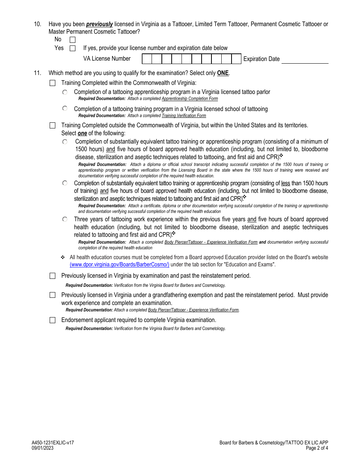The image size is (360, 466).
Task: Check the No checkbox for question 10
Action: [x=72, y=39]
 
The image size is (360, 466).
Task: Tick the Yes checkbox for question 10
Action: [x=72, y=48]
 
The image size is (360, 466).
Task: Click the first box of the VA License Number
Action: [x=147, y=59]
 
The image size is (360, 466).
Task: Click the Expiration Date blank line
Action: [x=305, y=59]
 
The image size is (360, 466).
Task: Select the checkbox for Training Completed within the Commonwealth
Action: [x=53, y=83]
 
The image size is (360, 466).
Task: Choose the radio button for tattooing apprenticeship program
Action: [x=65, y=92]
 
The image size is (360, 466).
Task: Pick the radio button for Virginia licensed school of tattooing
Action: [x=65, y=108]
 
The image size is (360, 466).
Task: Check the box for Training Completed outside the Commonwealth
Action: [x=53, y=125]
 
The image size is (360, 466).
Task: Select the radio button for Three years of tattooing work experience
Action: [x=65, y=219]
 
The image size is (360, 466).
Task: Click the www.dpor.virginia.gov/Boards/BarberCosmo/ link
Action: [x=119, y=265]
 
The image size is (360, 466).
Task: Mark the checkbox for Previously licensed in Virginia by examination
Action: [x=53, y=276]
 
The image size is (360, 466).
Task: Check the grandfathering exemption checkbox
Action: [x=53, y=295]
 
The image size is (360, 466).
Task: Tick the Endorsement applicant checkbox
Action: [x=53, y=320]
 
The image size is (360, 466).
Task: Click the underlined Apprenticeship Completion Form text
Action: [x=190, y=99]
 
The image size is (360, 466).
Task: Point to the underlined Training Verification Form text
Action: [x=184, y=116]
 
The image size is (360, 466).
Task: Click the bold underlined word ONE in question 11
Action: [x=223, y=73]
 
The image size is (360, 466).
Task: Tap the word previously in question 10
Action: [x=100, y=24]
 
